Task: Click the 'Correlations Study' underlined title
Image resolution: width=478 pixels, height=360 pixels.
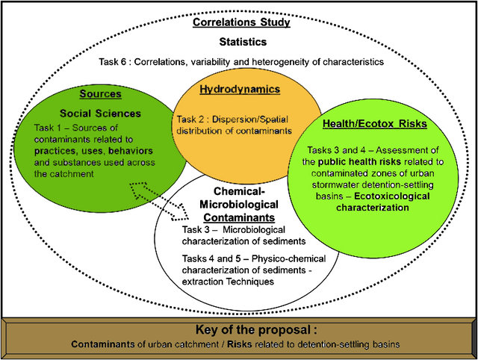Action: [241, 22]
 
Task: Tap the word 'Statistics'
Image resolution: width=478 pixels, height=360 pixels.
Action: [243, 42]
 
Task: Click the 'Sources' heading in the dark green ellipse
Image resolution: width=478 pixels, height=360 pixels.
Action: [101, 94]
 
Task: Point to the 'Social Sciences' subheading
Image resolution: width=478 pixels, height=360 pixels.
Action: [100, 114]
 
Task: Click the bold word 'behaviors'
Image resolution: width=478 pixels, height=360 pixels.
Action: [131, 151]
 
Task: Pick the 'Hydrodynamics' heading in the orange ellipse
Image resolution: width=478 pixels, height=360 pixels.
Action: [240, 90]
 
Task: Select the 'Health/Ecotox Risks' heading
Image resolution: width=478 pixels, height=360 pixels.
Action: [375, 124]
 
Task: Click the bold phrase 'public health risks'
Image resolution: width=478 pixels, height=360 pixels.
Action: [359, 162]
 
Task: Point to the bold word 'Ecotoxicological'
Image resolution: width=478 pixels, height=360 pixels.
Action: [392, 196]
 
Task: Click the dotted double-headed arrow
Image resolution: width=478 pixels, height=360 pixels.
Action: [159, 201]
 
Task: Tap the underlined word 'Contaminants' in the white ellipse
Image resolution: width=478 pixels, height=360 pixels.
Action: [239, 217]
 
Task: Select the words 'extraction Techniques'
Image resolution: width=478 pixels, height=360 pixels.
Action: [228, 282]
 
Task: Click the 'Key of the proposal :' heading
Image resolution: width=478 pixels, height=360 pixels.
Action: [256, 330]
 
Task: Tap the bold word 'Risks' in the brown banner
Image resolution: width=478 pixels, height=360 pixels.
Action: [240, 344]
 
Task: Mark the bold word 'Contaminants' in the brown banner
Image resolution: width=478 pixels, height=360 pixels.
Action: [103, 344]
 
